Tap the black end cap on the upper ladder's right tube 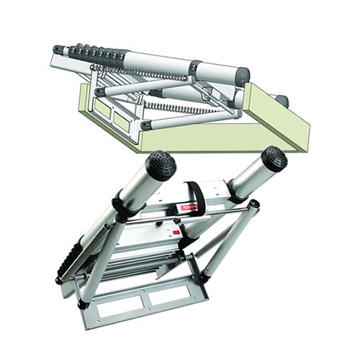coord(243,73)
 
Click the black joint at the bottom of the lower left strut coord(84,304)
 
